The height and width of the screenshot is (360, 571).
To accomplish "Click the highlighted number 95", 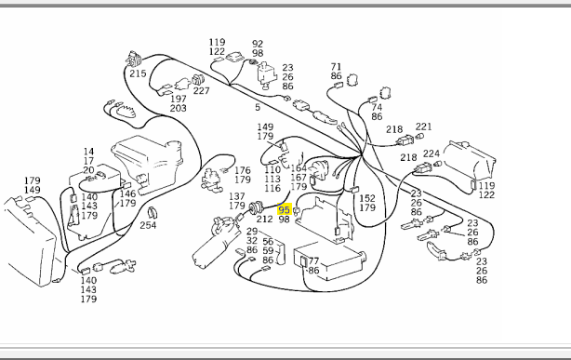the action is point(284,210).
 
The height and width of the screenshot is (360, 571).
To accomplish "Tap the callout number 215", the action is point(138,73).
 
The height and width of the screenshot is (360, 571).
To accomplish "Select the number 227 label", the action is point(202,91).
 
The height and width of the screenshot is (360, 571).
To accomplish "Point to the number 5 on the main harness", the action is point(258,107).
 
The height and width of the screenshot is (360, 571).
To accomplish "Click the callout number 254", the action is point(148,225).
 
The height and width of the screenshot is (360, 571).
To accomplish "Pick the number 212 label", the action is point(264,219).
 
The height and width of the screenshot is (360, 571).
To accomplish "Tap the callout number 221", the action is point(423,127).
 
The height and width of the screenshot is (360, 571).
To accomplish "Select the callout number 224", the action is point(432,153).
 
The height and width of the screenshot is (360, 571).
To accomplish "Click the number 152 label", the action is point(367,198).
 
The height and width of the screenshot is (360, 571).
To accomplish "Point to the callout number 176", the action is point(243,170).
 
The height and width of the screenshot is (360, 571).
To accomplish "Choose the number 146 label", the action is point(127,193).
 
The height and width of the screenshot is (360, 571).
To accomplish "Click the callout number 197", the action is point(179,99).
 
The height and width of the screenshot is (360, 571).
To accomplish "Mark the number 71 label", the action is point(336,67).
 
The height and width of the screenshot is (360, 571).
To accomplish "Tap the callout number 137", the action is point(237,196).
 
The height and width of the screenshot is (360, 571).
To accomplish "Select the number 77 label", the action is point(313,260).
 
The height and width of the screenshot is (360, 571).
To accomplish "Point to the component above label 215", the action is point(133,59).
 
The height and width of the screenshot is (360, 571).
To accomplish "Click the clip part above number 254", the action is point(152,213).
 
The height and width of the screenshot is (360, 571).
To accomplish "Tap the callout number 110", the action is point(272,169).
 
